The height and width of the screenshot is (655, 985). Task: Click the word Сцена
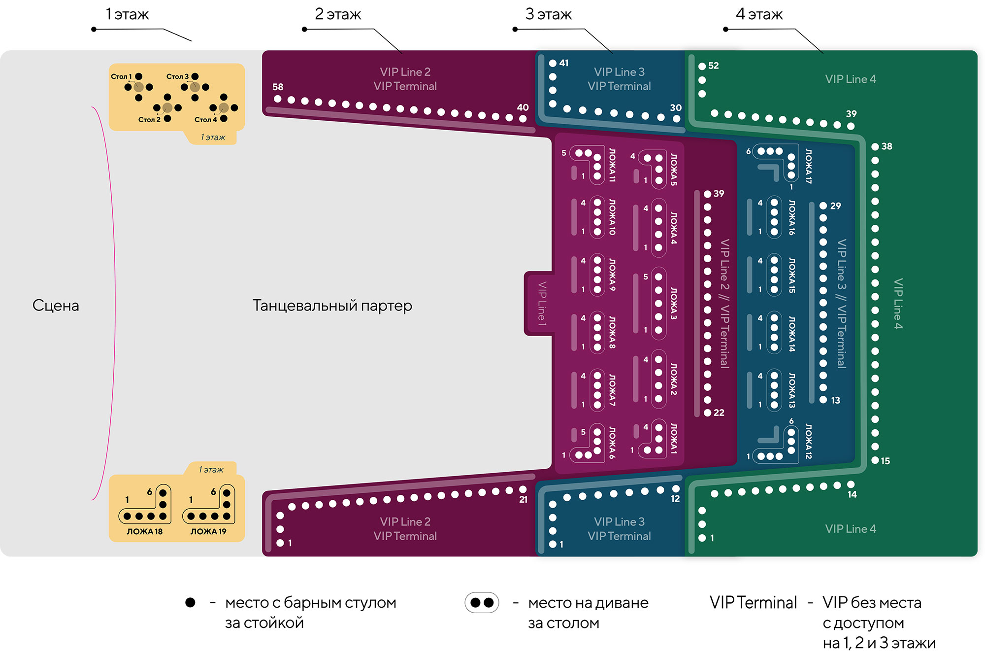pyautogui.click(x=56, y=306)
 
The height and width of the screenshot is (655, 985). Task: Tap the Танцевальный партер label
pyautogui.click(x=332, y=306)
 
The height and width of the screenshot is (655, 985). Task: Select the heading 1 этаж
pyautogui.click(x=127, y=14)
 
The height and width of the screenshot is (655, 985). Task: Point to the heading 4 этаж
pyautogui.click(x=759, y=14)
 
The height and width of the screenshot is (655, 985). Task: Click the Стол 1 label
pyautogui.click(x=121, y=76)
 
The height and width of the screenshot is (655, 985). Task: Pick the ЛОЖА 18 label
pyautogui.click(x=144, y=531)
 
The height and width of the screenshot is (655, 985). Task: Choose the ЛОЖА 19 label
pyautogui.click(x=208, y=531)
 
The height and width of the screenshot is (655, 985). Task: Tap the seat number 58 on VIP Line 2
pyautogui.click(x=278, y=87)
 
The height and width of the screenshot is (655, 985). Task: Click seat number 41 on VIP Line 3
pyautogui.click(x=564, y=63)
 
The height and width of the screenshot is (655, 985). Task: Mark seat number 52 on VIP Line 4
pyautogui.click(x=713, y=66)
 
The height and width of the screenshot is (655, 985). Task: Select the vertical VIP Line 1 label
pyautogui.click(x=542, y=304)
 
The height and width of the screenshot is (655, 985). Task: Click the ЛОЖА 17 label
pyautogui.click(x=808, y=166)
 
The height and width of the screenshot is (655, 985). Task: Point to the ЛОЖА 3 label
pyautogui.click(x=673, y=304)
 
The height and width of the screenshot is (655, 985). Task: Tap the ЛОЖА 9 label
pyautogui.click(x=612, y=275)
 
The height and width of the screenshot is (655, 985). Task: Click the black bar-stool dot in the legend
pyautogui.click(x=190, y=602)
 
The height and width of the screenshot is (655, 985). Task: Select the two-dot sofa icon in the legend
pyautogui.click(x=482, y=602)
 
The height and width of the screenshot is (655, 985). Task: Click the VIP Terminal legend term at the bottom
pyautogui.click(x=753, y=602)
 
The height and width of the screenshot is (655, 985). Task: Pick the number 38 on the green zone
pyautogui.click(x=886, y=146)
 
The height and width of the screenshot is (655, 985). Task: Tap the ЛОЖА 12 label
pyautogui.click(x=808, y=441)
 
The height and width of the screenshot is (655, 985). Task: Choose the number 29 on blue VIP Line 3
pyautogui.click(x=835, y=206)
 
